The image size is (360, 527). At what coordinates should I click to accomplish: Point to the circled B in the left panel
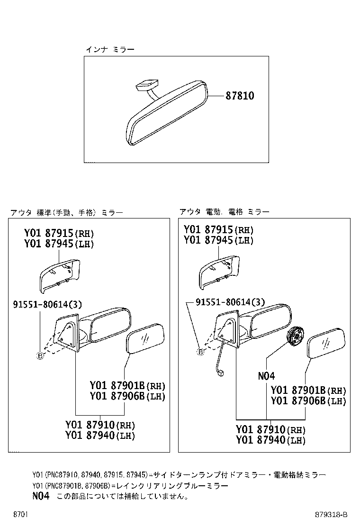[40, 356]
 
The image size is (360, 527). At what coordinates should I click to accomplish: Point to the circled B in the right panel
[200, 352]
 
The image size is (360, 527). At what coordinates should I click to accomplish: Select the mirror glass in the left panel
[146, 338]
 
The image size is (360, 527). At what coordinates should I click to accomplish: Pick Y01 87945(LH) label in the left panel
[59, 245]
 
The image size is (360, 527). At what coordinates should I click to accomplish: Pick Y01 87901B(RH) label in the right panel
[308, 391]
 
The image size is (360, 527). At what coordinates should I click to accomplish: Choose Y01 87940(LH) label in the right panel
[270, 440]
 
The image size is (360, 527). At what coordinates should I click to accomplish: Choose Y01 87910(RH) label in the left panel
[100, 425]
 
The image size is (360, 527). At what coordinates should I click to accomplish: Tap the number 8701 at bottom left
[20, 514]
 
